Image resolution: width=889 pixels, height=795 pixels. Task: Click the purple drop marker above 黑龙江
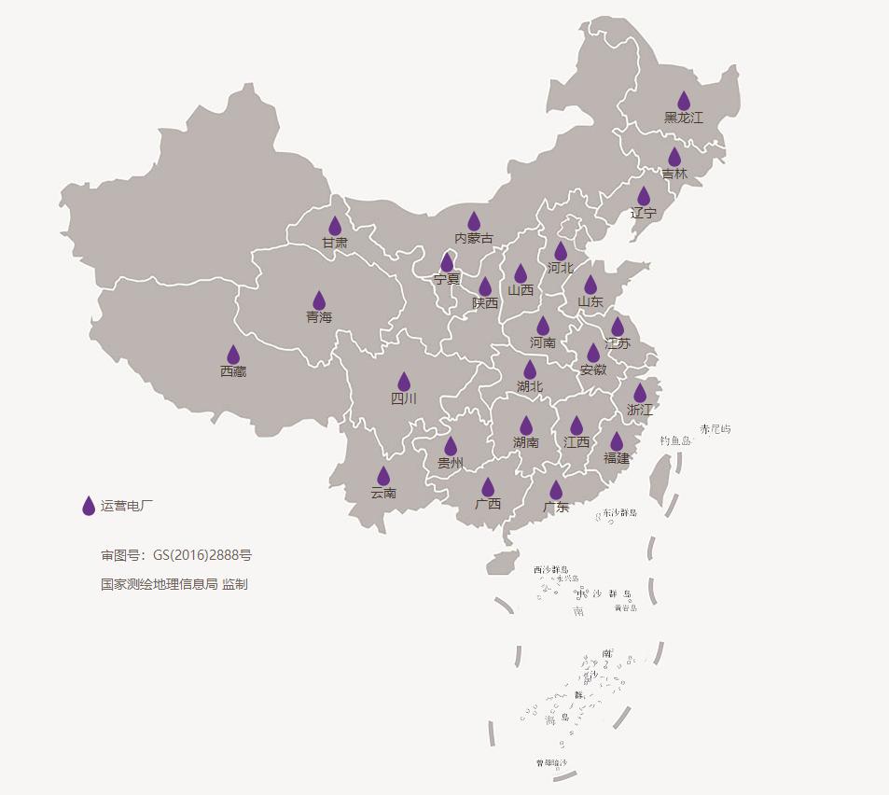pyautogui.click(x=684, y=101)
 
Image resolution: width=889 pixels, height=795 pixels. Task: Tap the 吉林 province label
pyautogui.click(x=674, y=174)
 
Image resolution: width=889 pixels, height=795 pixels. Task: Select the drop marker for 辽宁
pyautogui.click(x=644, y=196)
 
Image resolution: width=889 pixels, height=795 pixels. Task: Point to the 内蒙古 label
pyautogui.click(x=474, y=239)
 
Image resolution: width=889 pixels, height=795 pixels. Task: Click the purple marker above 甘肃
pyautogui.click(x=335, y=226)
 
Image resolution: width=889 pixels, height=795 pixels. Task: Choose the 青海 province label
pyautogui.click(x=319, y=317)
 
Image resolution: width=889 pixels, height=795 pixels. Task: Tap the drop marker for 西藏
pyautogui.click(x=233, y=355)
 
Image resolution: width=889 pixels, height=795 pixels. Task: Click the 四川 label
pyautogui.click(x=404, y=399)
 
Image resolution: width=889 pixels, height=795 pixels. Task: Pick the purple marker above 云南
pyautogui.click(x=383, y=476)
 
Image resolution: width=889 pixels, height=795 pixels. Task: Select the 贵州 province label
pyautogui.click(x=451, y=463)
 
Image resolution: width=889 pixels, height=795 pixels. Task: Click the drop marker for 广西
pyautogui.click(x=488, y=487)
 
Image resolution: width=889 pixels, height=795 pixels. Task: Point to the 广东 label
pyautogui.click(x=556, y=508)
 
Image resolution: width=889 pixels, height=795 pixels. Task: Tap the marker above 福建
pyautogui.click(x=617, y=441)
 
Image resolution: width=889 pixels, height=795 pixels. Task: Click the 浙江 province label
pyautogui.click(x=640, y=410)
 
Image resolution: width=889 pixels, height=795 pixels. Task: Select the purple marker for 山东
pyautogui.click(x=590, y=285)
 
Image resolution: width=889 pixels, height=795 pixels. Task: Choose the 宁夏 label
pyautogui.click(x=447, y=279)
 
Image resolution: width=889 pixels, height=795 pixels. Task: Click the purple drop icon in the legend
pyautogui.click(x=89, y=506)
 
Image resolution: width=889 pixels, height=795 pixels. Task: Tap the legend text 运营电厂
pyautogui.click(x=127, y=506)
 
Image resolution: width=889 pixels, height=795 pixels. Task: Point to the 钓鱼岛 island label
pyautogui.click(x=675, y=440)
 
